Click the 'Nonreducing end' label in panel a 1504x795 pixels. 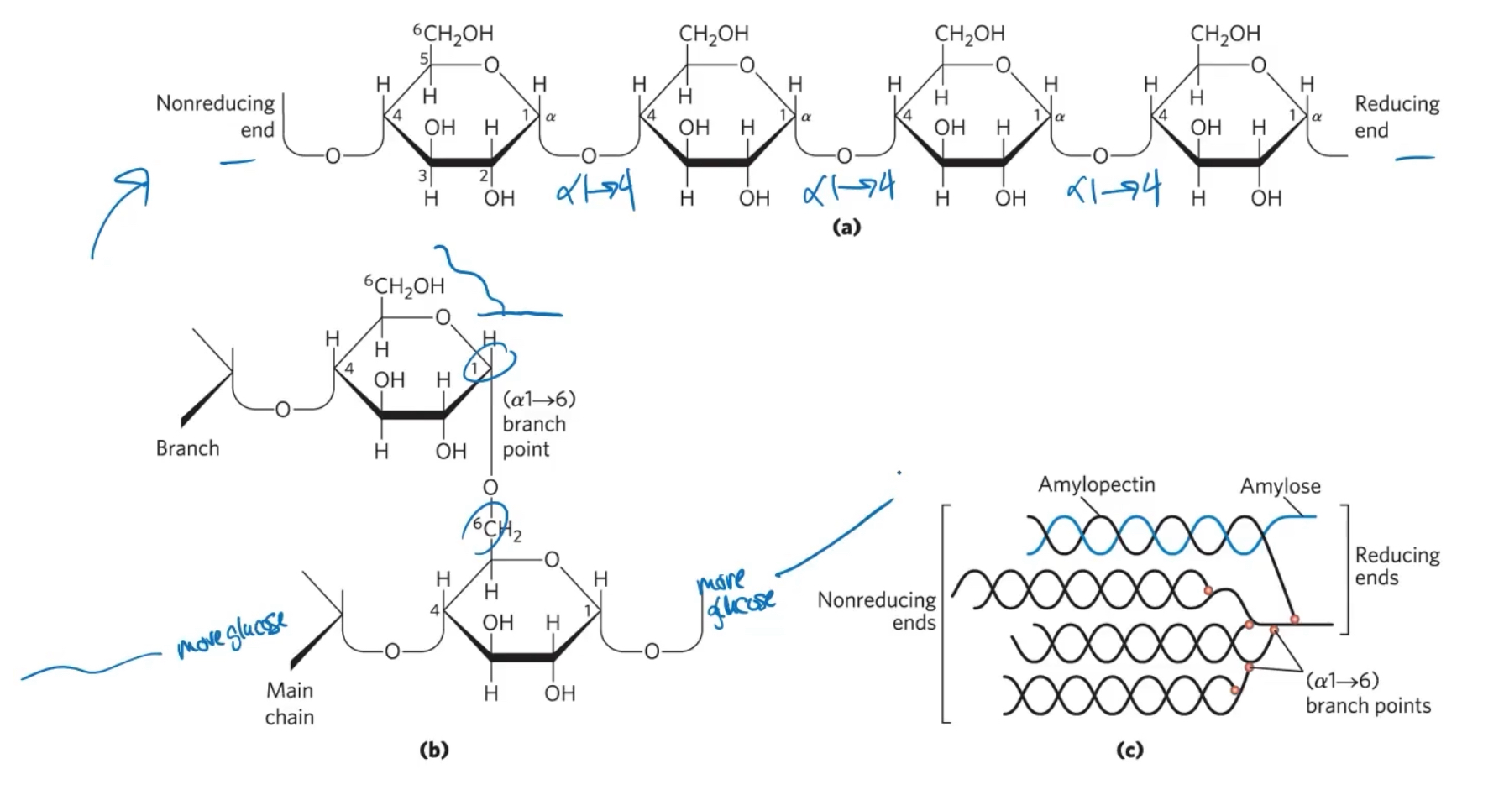tap(215, 117)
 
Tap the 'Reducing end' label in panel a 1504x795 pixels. tap(1397, 117)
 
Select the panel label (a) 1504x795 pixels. tap(846, 227)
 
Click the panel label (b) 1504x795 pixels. tap(433, 750)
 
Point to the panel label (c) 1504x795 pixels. tap(1129, 750)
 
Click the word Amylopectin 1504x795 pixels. tap(1096, 484)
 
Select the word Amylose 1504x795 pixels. tap(1280, 486)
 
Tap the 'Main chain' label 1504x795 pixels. tap(290, 703)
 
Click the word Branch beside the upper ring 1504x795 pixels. tap(187, 448)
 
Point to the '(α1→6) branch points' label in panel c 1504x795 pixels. tap(1368, 693)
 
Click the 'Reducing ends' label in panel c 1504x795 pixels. tap(1397, 566)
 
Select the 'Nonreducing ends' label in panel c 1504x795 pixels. tap(877, 610)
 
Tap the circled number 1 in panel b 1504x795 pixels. tap(474, 368)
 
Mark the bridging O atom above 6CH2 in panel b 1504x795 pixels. tap(490, 488)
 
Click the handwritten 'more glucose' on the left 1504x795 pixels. tap(231, 635)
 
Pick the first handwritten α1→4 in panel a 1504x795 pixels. tap(595, 191)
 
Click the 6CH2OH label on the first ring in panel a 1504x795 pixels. tap(453, 33)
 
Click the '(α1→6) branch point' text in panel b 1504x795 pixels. tap(538, 424)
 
